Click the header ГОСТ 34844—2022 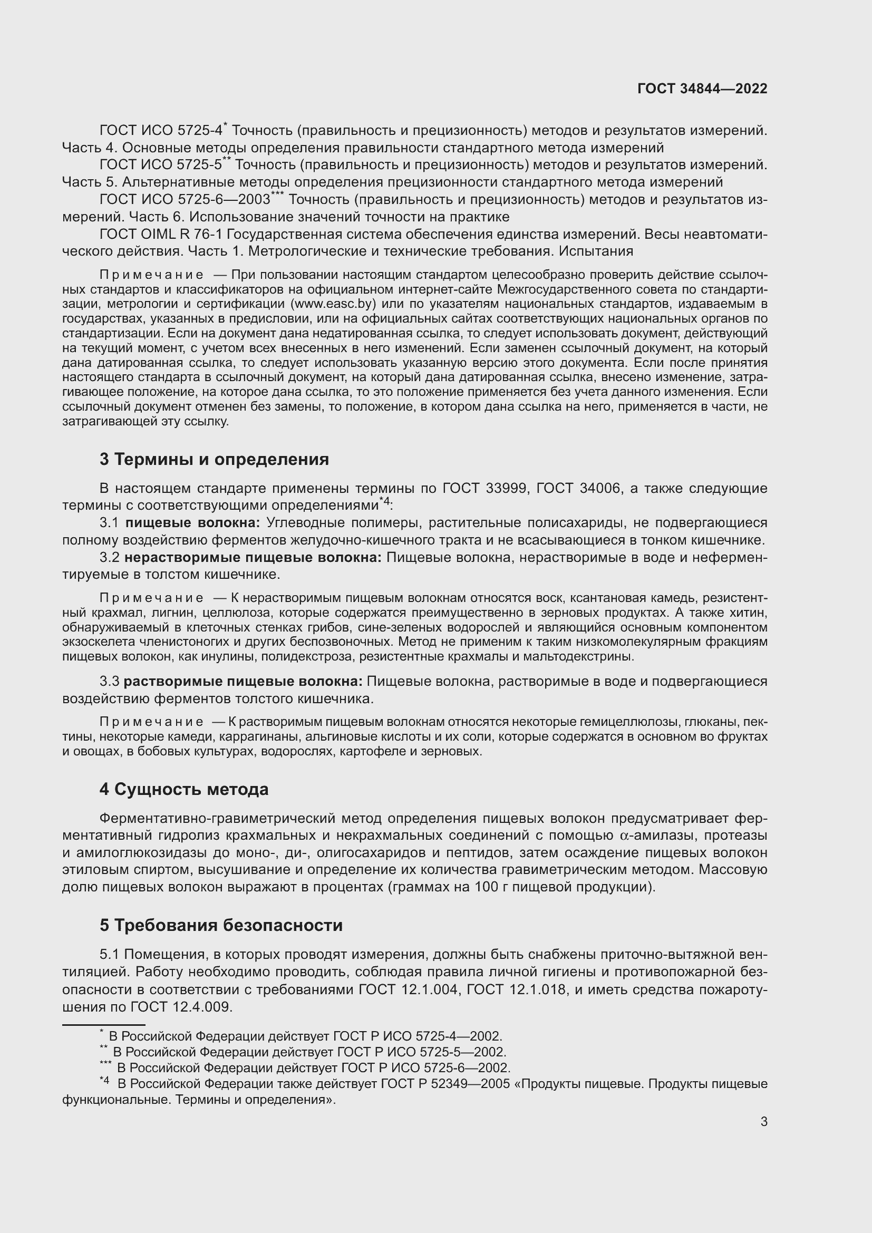[x=702, y=89]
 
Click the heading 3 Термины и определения [x=214, y=459]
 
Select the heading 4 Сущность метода [x=183, y=789]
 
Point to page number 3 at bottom [x=763, y=1121]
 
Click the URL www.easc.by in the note [x=333, y=304]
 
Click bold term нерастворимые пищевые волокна [x=253, y=557]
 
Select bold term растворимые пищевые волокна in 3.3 [x=243, y=682]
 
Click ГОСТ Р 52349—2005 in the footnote [x=445, y=1084]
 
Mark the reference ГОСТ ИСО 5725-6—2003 [x=185, y=200]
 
